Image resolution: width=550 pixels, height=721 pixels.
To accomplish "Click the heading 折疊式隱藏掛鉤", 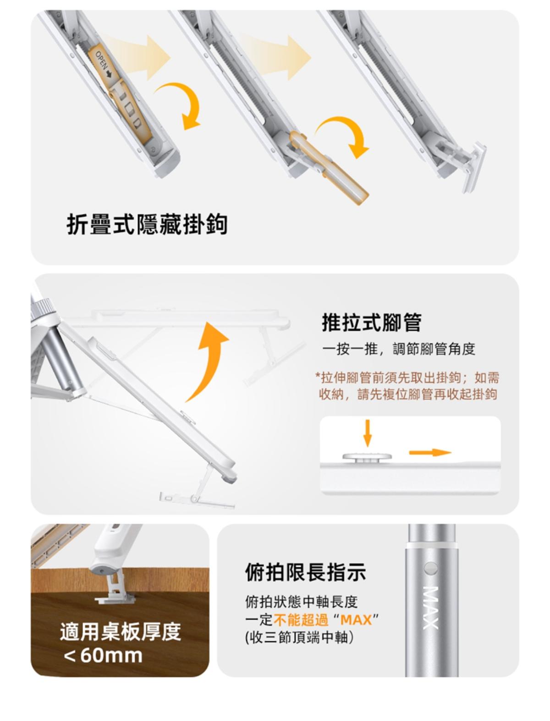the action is click(147, 225).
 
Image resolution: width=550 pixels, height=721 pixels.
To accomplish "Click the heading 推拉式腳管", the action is click(372, 322).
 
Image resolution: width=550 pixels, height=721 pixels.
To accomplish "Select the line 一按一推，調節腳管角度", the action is click(399, 349).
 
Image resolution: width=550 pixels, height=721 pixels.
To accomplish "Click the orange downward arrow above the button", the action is click(368, 433).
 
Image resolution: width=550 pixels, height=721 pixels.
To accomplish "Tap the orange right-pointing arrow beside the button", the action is click(430, 453).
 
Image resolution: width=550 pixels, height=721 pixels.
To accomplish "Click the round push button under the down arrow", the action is click(368, 457).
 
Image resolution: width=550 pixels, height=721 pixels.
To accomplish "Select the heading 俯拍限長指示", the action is click(306, 572).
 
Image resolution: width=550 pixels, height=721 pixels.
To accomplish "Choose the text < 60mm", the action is click(103, 655).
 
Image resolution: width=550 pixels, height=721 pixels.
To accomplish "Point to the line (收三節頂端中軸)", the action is click(300, 638).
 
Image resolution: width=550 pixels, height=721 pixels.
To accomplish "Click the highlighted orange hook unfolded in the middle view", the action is click(329, 166).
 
